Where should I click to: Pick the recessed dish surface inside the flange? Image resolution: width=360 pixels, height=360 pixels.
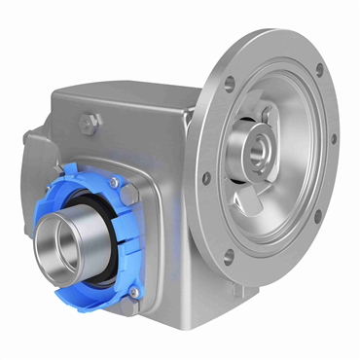pyautogui.click(x=292, y=195)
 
